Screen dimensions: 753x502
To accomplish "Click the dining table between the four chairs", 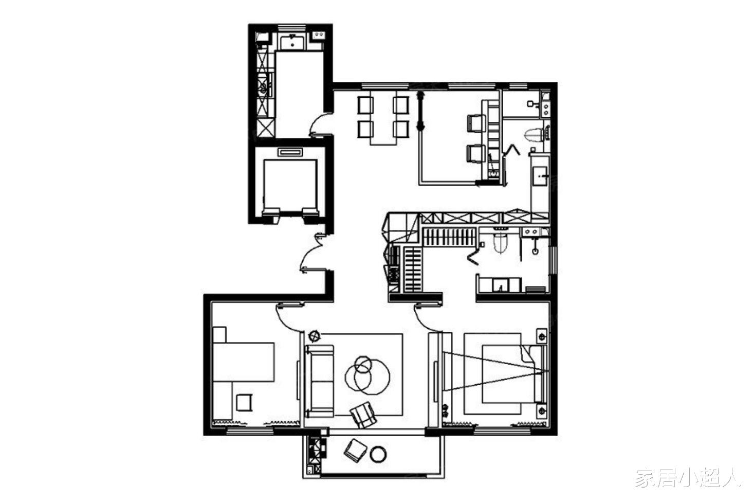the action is [x=383, y=118].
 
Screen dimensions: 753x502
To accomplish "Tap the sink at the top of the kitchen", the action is [x=292, y=43].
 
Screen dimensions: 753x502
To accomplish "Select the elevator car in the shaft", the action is [x=290, y=185].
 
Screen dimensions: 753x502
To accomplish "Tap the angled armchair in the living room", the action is [x=363, y=415].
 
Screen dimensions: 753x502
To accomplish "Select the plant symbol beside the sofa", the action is [x=315, y=335].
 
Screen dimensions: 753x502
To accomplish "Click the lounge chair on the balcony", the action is [x=355, y=450].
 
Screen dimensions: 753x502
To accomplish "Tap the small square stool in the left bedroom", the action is [x=244, y=402].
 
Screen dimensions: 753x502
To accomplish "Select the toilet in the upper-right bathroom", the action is [x=535, y=135].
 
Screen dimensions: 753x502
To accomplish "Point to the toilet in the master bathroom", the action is [x=500, y=242].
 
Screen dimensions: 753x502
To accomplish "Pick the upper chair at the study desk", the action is [x=475, y=123].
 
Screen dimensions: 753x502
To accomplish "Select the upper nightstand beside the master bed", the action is [x=542, y=336].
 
